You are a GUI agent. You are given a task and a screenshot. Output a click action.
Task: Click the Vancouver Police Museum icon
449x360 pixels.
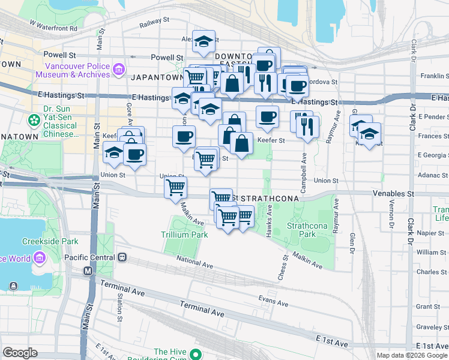118,70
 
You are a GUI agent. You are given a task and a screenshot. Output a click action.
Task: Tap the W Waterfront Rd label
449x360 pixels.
53,28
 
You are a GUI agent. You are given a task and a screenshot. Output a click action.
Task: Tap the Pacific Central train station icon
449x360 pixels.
122,257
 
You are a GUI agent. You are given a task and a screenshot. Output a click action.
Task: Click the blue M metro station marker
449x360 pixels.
88,271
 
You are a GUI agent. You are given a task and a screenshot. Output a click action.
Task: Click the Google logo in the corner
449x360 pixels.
20,353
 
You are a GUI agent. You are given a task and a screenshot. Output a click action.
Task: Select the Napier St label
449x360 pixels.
433,232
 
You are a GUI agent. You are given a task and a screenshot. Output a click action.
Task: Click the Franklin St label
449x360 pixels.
435,76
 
